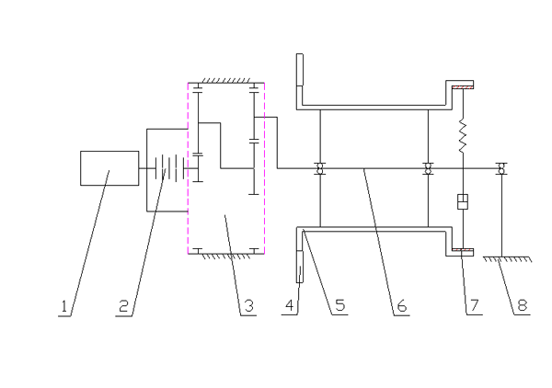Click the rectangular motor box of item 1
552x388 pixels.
(108, 169)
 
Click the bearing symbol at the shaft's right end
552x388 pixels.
(500, 168)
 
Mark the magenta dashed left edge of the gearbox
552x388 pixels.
(189, 165)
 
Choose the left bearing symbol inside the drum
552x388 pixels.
(319, 168)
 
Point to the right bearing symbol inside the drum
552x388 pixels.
(427, 168)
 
